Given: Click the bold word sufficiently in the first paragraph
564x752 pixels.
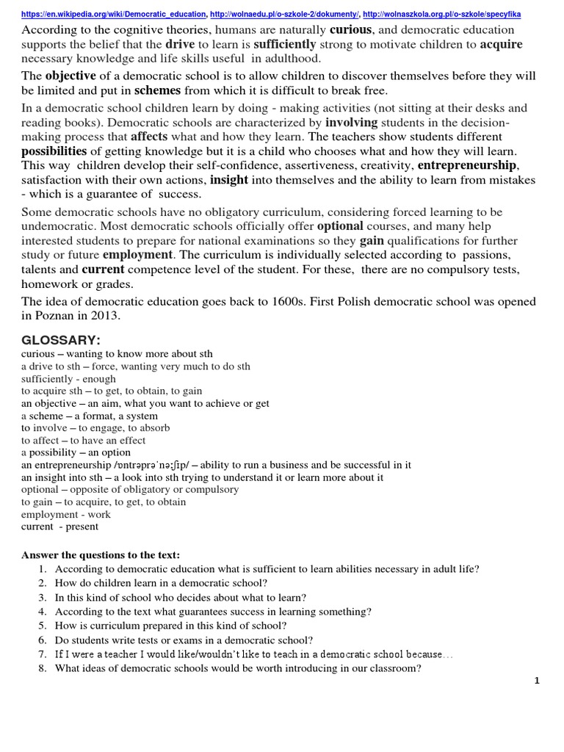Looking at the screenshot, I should tap(285, 44).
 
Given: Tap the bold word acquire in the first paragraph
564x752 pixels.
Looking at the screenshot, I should tap(501, 44).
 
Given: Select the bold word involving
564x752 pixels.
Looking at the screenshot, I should tap(351, 121).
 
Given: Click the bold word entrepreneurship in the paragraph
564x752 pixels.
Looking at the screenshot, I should tap(467, 164).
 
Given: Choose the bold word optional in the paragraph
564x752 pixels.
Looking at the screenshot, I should tap(342, 226).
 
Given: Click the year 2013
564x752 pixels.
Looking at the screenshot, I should tap(104, 316).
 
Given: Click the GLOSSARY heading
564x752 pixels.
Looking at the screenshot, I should tap(61, 340).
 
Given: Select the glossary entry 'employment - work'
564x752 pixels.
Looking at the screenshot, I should tap(66, 514).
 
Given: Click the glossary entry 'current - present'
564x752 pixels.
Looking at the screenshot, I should tap(59, 527).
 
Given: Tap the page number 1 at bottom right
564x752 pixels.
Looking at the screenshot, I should tap(537, 681).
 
